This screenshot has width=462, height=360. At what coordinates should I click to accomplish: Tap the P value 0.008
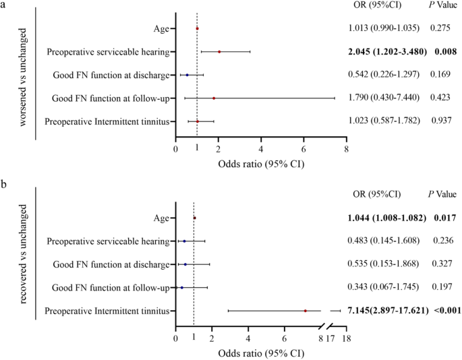coord(441,51)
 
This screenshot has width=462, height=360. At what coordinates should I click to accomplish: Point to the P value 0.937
coord(441,121)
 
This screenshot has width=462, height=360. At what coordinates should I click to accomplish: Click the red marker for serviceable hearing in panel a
coord(219,51)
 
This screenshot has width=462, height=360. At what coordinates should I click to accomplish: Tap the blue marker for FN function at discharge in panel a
coord(187,75)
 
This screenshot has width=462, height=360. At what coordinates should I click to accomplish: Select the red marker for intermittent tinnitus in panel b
coord(305,311)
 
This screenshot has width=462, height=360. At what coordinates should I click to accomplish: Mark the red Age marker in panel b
coord(194,218)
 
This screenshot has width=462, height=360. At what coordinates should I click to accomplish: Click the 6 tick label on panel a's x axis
coord(304,150)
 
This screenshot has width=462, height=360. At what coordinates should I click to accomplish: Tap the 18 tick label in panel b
coord(347,339)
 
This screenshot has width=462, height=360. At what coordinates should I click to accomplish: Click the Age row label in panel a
coord(161,28)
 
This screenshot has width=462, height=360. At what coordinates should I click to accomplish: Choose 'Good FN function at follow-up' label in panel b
coord(110,288)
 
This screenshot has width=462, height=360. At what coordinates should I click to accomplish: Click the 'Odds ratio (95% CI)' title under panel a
coord(260,164)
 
